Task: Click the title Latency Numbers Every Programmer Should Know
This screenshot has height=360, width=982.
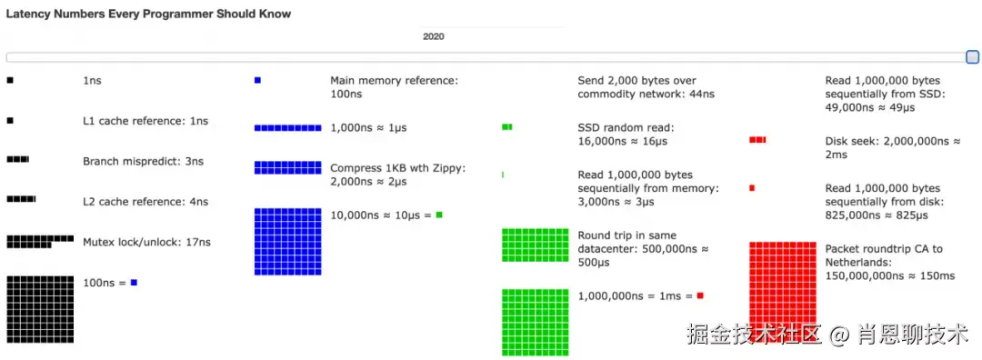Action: pyautogui.click(x=148, y=14)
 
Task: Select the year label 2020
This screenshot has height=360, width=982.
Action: pyautogui.click(x=434, y=36)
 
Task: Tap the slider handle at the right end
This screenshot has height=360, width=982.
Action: pyautogui.click(x=973, y=57)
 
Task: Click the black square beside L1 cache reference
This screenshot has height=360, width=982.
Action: pyautogui.click(x=9, y=121)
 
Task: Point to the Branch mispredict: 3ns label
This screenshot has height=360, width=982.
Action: pyautogui.click(x=144, y=162)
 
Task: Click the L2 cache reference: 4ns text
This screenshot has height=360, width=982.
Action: pyautogui.click(x=145, y=202)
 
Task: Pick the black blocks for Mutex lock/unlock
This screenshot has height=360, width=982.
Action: pyautogui.click(x=40, y=242)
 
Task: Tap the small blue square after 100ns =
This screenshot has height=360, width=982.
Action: pyautogui.click(x=134, y=283)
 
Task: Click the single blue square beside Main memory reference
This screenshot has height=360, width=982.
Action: pyautogui.click(x=257, y=80)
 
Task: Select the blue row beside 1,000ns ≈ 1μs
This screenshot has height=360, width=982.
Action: pyautogui.click(x=288, y=127)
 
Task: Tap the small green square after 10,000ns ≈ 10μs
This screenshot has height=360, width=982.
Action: pyautogui.click(x=439, y=215)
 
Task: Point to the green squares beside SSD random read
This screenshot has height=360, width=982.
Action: pyautogui.click(x=507, y=127)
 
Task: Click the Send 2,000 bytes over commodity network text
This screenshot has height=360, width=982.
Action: pyautogui.click(x=646, y=87)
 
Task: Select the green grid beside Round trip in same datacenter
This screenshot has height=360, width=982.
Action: pyautogui.click(x=536, y=245)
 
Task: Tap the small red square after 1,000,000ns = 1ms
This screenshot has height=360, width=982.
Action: pyautogui.click(x=700, y=295)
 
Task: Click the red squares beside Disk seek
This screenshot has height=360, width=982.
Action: pyautogui.click(x=757, y=140)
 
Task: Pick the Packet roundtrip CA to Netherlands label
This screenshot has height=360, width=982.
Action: pyautogui.click(x=890, y=263)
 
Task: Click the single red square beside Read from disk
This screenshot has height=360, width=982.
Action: pyautogui.click(x=752, y=188)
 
